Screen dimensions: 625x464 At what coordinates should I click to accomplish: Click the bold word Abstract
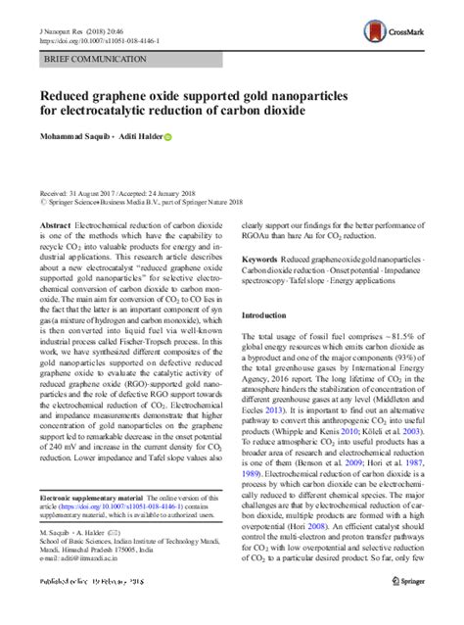(x=56, y=224)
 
